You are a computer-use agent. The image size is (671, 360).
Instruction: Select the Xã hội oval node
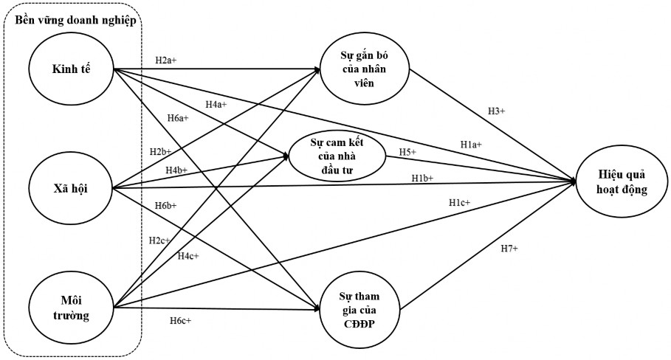point(71,188)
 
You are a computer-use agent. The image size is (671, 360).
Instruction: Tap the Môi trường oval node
point(71,306)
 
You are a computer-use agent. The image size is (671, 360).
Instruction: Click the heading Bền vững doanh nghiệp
point(75,20)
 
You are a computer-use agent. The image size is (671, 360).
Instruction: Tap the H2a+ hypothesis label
point(165,60)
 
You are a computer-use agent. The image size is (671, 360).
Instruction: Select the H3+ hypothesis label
point(496,111)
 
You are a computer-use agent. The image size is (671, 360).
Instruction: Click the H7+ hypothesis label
point(509,249)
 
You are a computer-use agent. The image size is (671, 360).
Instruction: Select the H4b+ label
point(176,170)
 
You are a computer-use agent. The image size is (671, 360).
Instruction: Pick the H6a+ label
point(177,117)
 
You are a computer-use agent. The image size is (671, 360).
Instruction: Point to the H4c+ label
point(187,255)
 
